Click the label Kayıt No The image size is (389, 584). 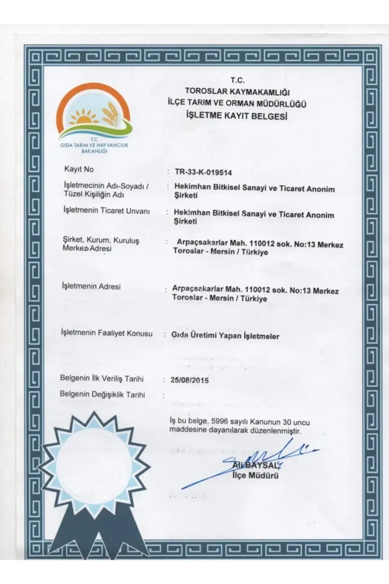click(x=79, y=169)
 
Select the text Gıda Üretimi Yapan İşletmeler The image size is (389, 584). click(x=225, y=336)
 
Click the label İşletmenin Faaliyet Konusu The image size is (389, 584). click(x=107, y=333)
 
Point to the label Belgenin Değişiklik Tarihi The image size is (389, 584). click(x=102, y=394)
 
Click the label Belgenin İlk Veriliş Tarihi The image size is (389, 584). click(x=102, y=378)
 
